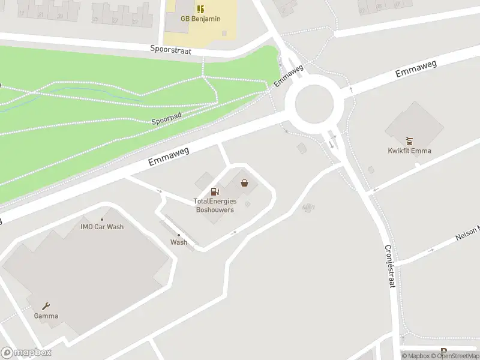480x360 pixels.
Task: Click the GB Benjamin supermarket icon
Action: pyautogui.click(x=200, y=9)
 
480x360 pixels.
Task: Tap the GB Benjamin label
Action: pyautogui.click(x=200, y=19)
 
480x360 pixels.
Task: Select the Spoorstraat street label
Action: pyautogui.click(x=171, y=51)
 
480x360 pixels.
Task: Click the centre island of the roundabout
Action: pyautogui.click(x=314, y=103)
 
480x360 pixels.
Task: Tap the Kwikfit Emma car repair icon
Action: pyautogui.click(x=409, y=142)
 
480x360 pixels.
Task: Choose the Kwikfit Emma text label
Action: pyautogui.click(x=409, y=151)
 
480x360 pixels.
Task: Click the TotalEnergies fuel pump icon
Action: pyautogui.click(x=215, y=191)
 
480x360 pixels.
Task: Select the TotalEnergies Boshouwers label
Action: pyautogui.click(x=215, y=205)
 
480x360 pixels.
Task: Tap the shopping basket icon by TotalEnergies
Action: pyautogui.click(x=244, y=183)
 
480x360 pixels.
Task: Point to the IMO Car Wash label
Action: pyautogui.click(x=102, y=227)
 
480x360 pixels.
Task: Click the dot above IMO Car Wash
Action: pyautogui.click(x=102, y=219)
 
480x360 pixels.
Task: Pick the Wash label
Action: pyautogui.click(x=179, y=242)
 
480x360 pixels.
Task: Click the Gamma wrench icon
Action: pyautogui.click(x=46, y=306)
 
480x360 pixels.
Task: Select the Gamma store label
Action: pyautogui.click(x=46, y=316)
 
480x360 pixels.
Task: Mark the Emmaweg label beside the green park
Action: pyautogui.click(x=169, y=158)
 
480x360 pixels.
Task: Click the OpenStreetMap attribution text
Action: pyautogui.click(x=454, y=356)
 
